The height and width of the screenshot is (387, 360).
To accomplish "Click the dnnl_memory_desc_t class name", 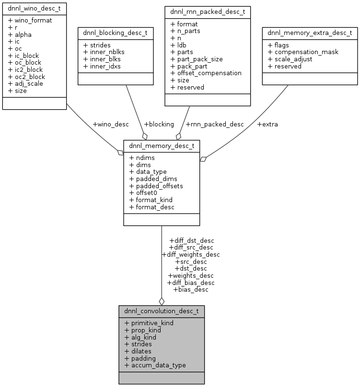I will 162,145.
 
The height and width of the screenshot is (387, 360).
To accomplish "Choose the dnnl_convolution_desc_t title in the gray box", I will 162,311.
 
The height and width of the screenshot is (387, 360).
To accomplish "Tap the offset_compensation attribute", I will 206,73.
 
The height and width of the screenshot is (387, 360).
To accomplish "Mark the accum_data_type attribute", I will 155,365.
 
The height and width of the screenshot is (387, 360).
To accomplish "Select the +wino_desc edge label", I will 111,124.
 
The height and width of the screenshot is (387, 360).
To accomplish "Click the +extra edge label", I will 267,124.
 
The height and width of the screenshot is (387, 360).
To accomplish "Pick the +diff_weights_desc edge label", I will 191,254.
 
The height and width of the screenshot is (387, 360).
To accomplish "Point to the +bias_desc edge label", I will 191,289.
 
